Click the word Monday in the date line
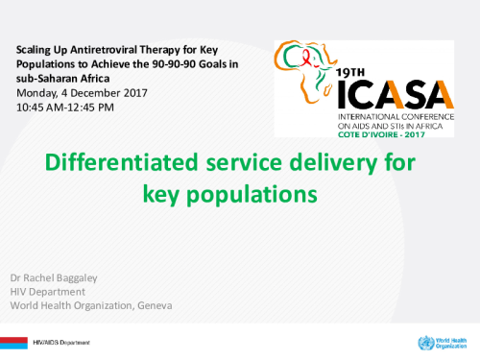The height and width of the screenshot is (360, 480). [39, 92]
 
